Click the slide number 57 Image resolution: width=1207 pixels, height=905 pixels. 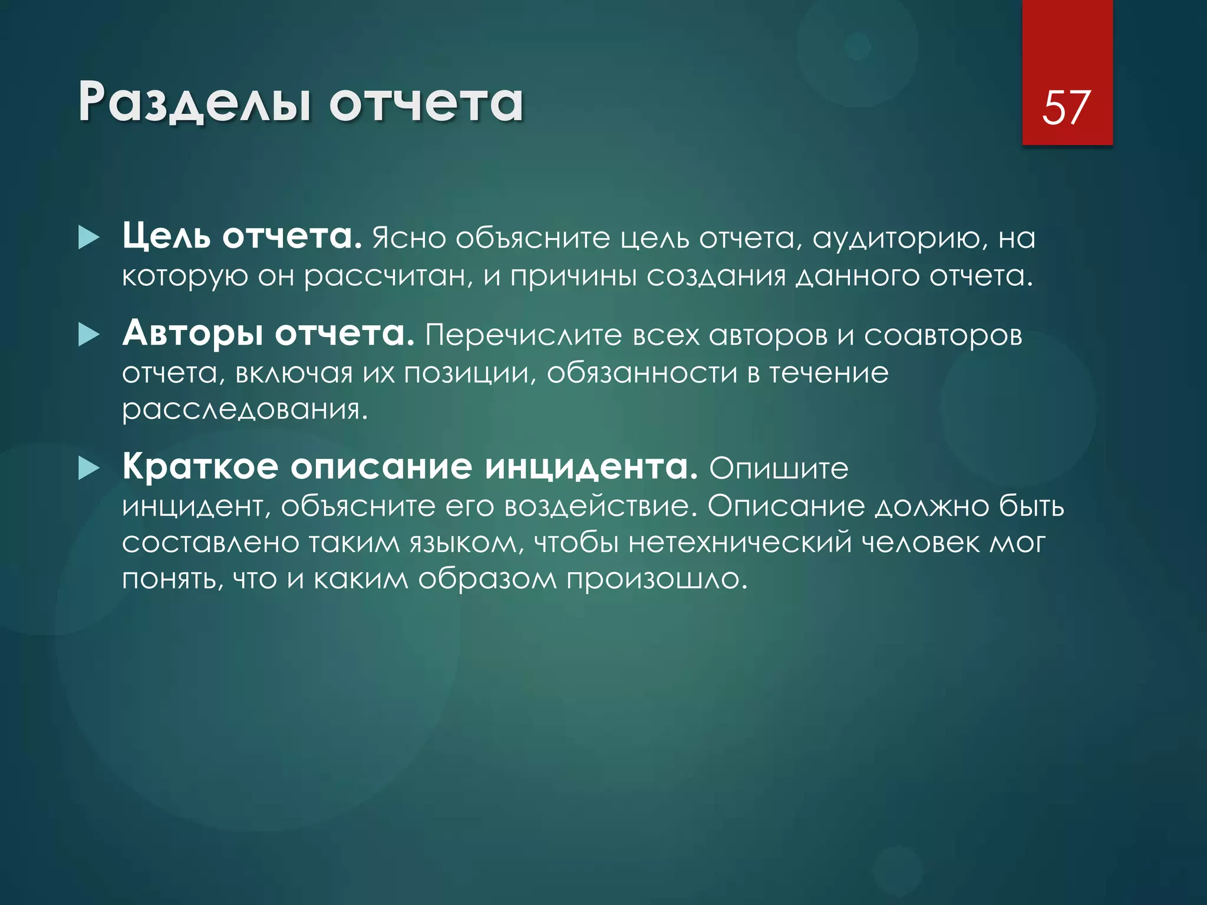[1067, 107]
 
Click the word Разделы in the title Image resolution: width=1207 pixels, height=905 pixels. [194, 104]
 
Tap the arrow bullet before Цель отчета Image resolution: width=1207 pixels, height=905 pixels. [89, 238]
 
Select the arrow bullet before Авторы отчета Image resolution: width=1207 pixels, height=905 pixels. [89, 335]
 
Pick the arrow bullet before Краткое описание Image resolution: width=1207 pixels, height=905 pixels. [89, 469]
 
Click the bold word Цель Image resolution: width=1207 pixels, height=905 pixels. [166, 237]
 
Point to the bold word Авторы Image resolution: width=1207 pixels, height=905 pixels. [193, 334]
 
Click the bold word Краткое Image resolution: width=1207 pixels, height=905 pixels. [200, 467]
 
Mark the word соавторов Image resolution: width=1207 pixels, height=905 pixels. [943, 336]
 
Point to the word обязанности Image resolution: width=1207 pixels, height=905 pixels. [642, 374]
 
